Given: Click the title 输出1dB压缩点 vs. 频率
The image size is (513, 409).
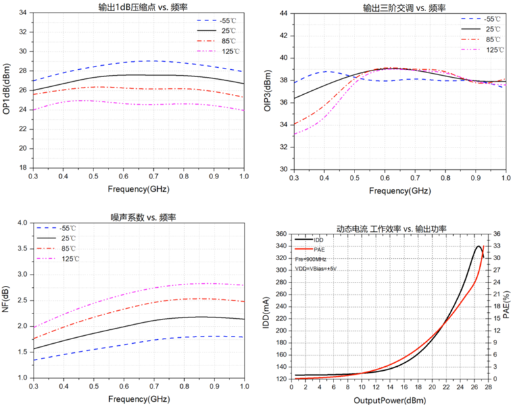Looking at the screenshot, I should tap(137, 7).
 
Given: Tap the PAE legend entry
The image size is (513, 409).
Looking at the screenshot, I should tap(320, 250).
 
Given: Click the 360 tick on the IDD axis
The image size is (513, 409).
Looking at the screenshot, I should tap(281, 234).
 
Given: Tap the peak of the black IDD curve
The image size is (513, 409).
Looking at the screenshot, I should tap(478, 246).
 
